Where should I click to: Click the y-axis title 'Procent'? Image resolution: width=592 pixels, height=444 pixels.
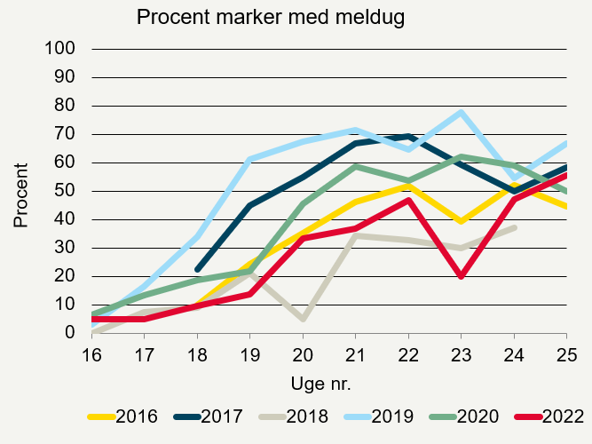click(x=20, y=194)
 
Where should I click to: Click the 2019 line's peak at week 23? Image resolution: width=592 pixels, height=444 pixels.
click(x=461, y=112)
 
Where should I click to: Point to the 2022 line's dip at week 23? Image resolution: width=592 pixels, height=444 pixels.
click(x=461, y=276)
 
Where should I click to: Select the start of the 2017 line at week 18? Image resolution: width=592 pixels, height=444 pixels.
click(x=197, y=269)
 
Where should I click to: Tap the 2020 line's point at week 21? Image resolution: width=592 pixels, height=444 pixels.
click(x=355, y=166)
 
